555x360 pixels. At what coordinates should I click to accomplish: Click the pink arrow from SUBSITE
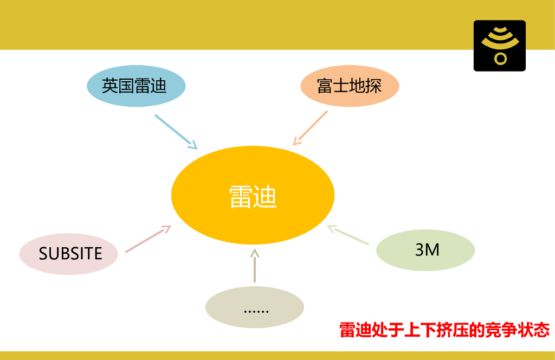coord(147,239)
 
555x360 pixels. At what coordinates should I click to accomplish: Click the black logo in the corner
coord(499,46)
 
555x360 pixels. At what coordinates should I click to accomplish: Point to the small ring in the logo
coord(500,58)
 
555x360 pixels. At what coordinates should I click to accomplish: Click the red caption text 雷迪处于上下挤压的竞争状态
coord(444,330)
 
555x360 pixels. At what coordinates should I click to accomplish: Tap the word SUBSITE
coord(70,254)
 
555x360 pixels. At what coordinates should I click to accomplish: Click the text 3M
coord(427,250)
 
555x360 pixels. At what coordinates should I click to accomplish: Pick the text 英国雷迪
coord(134,86)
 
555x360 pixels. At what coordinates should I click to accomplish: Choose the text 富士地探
coord(349,86)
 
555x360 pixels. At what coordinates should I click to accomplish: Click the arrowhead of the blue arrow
coord(193,145)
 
